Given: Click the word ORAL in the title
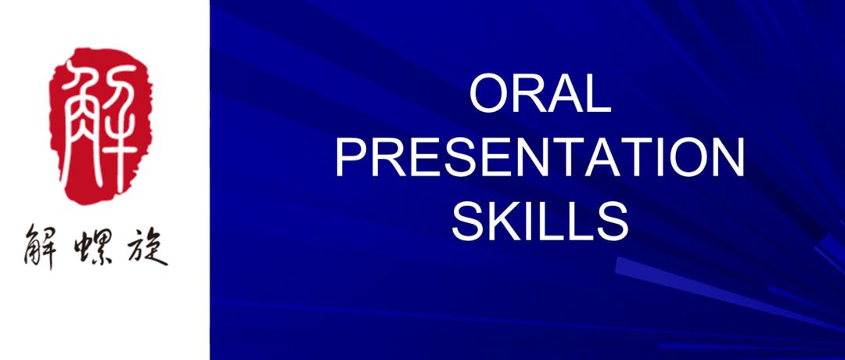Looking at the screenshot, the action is click(x=540, y=95).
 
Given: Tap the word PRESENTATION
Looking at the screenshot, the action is click(x=540, y=157).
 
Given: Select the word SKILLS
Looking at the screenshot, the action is click(x=540, y=221).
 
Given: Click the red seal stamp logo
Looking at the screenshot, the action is click(x=100, y=125).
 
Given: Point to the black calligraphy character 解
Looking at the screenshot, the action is click(x=40, y=247).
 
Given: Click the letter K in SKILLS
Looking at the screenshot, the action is click(x=505, y=221).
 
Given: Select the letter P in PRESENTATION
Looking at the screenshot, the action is click(x=351, y=157).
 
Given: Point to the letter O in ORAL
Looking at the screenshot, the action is click(x=488, y=95).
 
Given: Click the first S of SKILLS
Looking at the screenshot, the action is click(x=469, y=221).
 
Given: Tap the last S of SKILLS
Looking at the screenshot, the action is click(x=612, y=221).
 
